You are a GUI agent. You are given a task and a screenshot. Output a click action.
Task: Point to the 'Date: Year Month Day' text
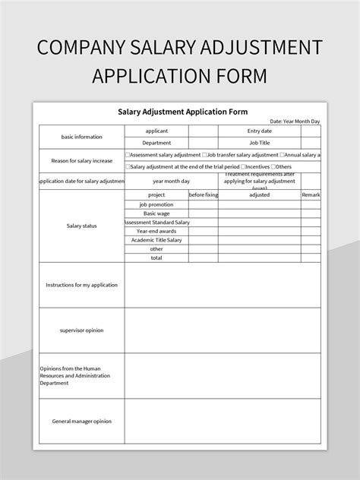(x=295, y=121)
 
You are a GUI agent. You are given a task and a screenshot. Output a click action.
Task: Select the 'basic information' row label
(x=81, y=137)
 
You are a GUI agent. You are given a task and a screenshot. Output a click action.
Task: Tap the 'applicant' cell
(x=156, y=131)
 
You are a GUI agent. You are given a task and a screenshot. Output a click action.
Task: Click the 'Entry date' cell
(x=259, y=131)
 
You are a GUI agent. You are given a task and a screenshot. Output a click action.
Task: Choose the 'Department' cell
(x=156, y=142)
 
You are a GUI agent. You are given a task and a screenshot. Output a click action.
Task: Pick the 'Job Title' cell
(x=259, y=142)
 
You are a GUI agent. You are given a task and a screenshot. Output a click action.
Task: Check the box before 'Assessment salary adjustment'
(x=128, y=154)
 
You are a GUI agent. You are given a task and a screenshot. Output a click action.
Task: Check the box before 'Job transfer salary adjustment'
(x=205, y=154)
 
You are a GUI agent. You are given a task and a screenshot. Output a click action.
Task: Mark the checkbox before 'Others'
(x=273, y=166)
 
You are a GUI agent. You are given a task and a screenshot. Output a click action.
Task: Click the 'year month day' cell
(x=172, y=181)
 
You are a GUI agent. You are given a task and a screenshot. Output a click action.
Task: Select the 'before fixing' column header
(x=203, y=195)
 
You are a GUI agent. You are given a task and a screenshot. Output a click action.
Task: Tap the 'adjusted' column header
(x=259, y=195)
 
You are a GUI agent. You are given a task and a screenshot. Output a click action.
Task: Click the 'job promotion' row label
(x=156, y=204)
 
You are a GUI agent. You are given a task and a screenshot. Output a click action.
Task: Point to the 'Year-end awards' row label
(x=156, y=231)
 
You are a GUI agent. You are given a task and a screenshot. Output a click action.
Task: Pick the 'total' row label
(x=156, y=257)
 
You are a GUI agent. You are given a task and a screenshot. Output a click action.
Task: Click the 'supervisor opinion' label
(x=81, y=330)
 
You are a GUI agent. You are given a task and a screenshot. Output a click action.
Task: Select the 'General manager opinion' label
(x=81, y=421)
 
